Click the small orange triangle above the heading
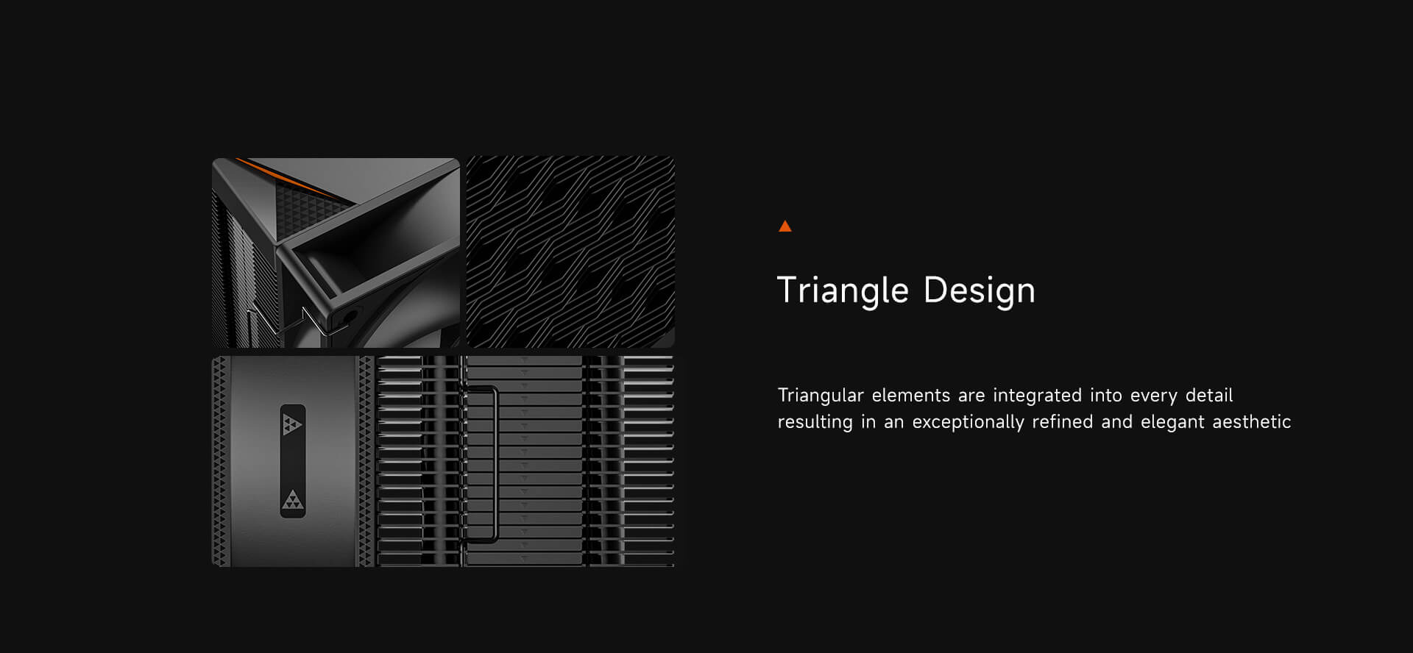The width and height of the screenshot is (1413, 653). coord(785,226)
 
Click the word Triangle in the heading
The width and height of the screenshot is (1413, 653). coord(843,290)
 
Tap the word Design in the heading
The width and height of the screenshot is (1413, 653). coord(979,290)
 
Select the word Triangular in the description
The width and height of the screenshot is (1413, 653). coord(821,396)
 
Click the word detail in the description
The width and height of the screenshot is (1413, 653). coord(1209,395)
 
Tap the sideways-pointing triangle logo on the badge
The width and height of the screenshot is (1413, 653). coord(292,424)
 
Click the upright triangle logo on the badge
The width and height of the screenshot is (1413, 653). coord(292,499)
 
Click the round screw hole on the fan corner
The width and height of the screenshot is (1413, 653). coord(344,318)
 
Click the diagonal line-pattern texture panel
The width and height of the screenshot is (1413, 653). coord(570,251)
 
